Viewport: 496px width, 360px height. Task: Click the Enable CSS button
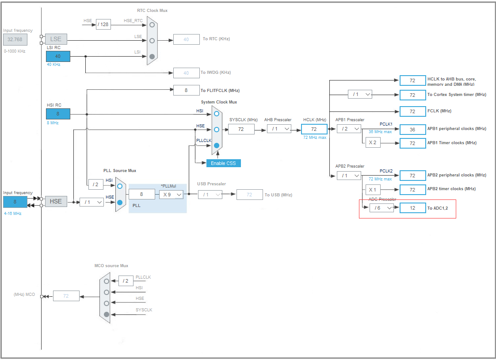coord(223,163)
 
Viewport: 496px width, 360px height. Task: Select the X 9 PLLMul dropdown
coord(171,194)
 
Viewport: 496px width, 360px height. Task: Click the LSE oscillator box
coord(56,39)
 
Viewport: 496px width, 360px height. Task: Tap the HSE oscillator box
coord(56,201)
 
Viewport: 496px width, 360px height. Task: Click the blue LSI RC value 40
coord(58,56)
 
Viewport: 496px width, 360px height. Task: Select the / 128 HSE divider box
coord(103,24)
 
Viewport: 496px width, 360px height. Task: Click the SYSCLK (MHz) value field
coord(241,129)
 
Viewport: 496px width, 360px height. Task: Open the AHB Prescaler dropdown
coord(279,129)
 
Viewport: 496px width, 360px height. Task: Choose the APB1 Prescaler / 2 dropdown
coord(349,129)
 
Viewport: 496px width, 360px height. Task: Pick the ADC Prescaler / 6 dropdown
coord(382,208)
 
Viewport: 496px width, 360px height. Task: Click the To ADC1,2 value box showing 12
coord(412,208)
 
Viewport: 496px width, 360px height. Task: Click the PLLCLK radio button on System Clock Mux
coord(217,145)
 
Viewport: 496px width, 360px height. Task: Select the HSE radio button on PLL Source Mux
coord(120,202)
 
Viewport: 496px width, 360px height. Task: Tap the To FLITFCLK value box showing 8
coord(186,90)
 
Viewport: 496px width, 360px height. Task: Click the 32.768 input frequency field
coord(15,39)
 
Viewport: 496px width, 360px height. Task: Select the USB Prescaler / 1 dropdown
coord(210,195)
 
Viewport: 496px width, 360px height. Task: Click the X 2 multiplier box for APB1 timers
coord(372,143)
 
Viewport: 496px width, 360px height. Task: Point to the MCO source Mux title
coord(111,266)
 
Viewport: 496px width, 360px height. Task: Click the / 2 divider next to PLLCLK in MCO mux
coord(126,281)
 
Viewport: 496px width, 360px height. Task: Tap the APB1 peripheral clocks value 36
coord(412,129)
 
